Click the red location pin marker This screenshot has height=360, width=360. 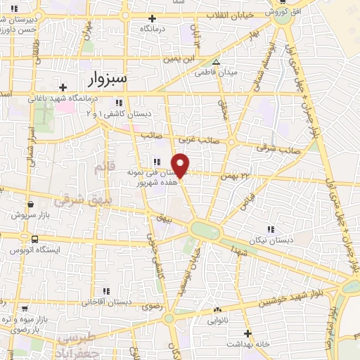pyautogui.click(x=181, y=166)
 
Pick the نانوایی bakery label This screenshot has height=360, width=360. pyautogui.click(x=217, y=320)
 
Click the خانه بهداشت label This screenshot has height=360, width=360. pyautogui.click(x=248, y=344)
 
